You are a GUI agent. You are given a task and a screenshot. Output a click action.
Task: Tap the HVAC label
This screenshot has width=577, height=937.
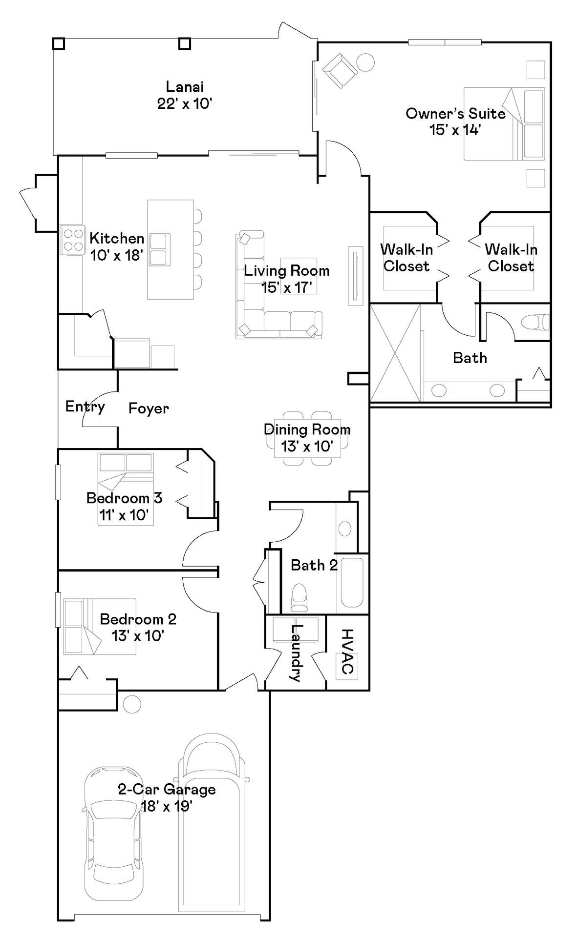pyautogui.click(x=347, y=651)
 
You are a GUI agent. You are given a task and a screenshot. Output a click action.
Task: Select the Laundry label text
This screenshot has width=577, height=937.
pyautogui.click(x=296, y=652)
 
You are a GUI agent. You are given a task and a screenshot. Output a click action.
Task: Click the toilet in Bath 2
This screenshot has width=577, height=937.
pyautogui.click(x=299, y=598)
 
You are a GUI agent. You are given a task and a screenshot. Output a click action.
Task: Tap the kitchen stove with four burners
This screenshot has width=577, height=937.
pyautogui.click(x=73, y=240)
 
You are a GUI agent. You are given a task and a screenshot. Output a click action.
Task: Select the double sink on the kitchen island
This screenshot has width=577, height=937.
pyautogui.click(x=160, y=249)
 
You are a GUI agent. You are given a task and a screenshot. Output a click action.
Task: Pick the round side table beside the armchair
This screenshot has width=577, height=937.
pyautogui.click(x=365, y=62)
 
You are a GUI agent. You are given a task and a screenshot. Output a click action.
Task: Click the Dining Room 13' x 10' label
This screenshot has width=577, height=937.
pyautogui.click(x=307, y=438)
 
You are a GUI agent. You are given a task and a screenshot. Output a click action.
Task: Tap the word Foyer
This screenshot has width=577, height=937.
pyautogui.click(x=149, y=408)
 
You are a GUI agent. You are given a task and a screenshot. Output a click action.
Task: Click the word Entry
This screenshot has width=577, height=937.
pyautogui.click(x=85, y=407)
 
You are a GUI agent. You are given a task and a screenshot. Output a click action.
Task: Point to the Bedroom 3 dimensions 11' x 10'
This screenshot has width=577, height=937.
pyautogui.click(x=124, y=515)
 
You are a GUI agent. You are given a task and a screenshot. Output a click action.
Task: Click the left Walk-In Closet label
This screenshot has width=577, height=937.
pyautogui.click(x=406, y=258)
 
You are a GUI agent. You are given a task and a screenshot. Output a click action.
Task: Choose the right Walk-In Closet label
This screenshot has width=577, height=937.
pyautogui.click(x=511, y=258)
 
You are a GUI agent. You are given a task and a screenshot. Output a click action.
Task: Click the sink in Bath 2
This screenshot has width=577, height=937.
pyautogui.click(x=345, y=529)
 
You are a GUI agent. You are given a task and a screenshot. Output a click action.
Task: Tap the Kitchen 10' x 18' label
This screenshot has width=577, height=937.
pyautogui.click(x=117, y=246)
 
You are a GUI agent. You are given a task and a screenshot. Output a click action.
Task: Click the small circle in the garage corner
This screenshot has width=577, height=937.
pyautogui.click(x=132, y=704)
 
